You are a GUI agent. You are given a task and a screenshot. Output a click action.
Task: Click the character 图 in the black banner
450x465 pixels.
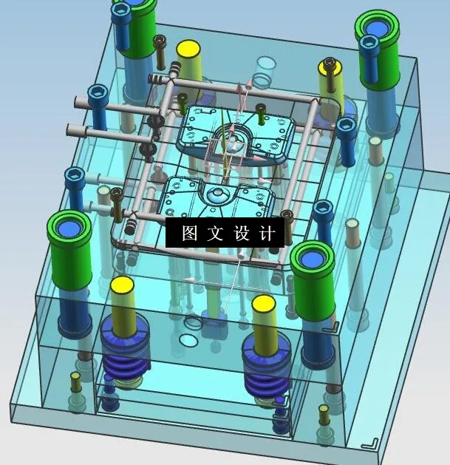click(190, 234)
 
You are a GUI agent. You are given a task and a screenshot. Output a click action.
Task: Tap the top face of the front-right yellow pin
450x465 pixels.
click(264, 305)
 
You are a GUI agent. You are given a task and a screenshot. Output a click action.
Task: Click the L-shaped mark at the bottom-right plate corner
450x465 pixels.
click(371, 443)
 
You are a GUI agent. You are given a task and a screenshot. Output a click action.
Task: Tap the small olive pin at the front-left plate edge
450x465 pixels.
click(75, 382)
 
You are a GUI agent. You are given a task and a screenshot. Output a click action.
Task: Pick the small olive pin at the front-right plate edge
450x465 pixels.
click(324, 414)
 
